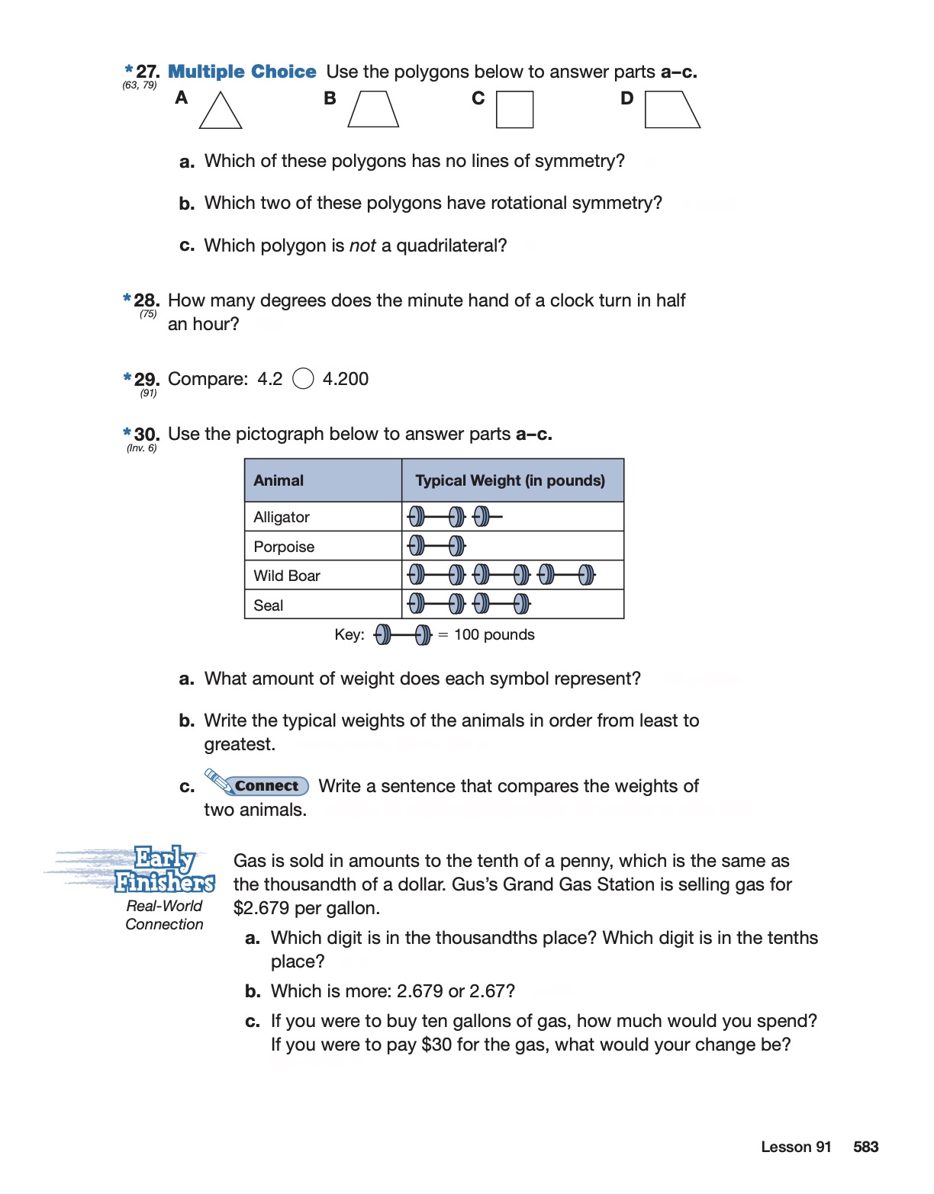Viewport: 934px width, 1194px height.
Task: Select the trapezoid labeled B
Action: pos(373,110)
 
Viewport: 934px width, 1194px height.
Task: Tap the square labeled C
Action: pos(514,110)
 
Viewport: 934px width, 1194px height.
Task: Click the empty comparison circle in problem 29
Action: pos(303,379)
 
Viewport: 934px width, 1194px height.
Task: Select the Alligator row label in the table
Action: pos(282,517)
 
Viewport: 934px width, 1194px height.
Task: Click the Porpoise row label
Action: pos(284,547)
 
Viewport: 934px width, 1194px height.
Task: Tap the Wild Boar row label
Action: pos(287,576)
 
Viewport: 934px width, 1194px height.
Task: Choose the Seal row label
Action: pos(269,605)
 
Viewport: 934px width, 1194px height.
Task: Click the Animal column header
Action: pos(279,480)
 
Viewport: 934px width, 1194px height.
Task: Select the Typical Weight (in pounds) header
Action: pos(510,480)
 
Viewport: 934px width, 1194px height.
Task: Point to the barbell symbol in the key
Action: pos(403,634)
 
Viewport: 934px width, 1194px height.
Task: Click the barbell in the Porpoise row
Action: pos(436,546)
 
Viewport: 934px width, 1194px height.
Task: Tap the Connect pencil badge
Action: pos(257,784)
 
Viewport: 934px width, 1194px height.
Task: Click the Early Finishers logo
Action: pos(164,870)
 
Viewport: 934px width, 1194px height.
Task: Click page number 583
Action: pos(865,1147)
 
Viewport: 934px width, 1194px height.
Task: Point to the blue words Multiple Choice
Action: pos(242,72)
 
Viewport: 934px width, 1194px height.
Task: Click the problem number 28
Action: pos(146,300)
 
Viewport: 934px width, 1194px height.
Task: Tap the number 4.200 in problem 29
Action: pos(346,379)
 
